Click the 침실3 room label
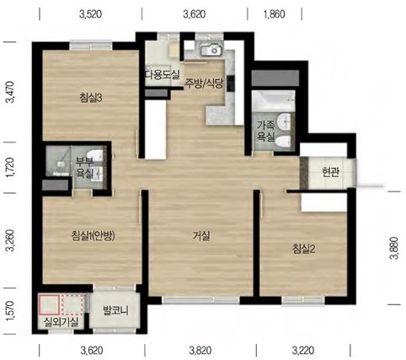(x=90, y=98)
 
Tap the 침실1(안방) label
(x=93, y=235)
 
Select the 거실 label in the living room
(x=201, y=236)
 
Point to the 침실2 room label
(x=304, y=249)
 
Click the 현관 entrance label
(x=330, y=172)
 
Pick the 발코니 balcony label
(x=115, y=311)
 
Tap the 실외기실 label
(x=61, y=322)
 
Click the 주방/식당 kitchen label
(x=203, y=83)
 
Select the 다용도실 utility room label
(x=162, y=74)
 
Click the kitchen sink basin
(x=211, y=50)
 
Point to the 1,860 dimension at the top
(x=275, y=14)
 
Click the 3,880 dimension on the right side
(x=395, y=248)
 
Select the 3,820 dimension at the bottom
(x=200, y=351)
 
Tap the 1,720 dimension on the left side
(x=10, y=168)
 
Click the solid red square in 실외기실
(x=49, y=304)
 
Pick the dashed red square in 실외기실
(x=72, y=304)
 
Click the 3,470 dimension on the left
(x=10, y=92)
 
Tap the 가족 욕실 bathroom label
(x=265, y=131)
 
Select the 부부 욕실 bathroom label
(x=84, y=168)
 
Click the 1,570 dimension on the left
(x=10, y=311)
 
